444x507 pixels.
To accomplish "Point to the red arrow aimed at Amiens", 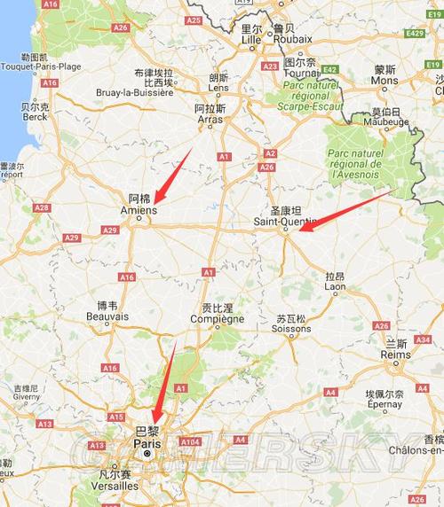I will (172, 175).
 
